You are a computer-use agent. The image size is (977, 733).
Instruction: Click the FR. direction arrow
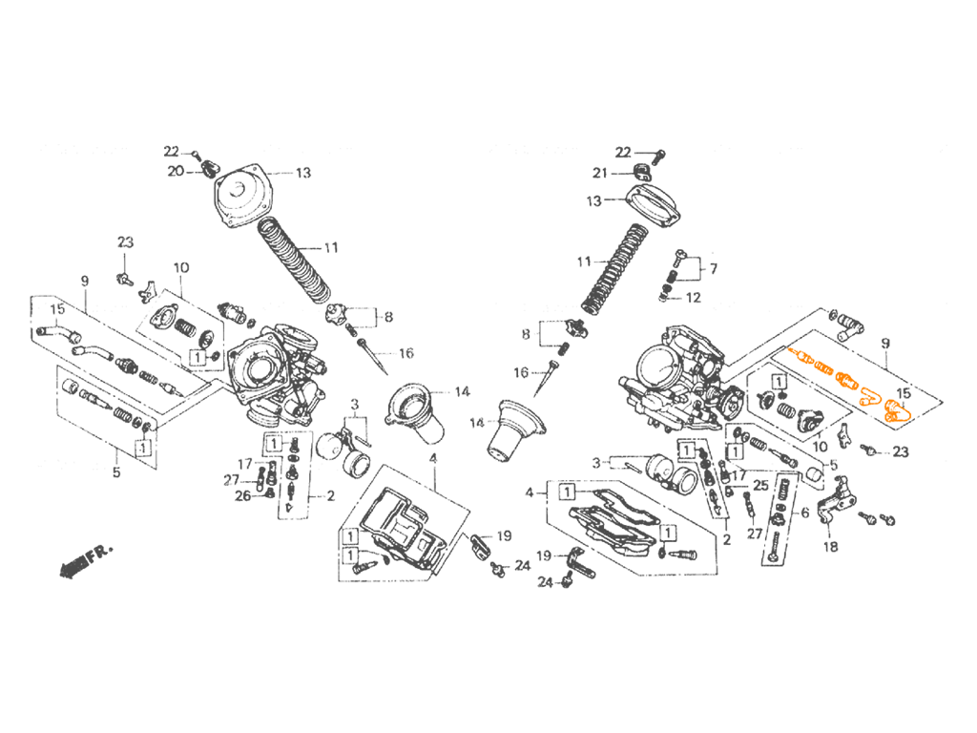point(86,560)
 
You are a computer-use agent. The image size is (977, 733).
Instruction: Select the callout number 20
point(176,171)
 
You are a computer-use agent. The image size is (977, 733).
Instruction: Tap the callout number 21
point(599,173)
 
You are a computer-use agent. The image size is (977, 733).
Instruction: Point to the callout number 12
point(694,298)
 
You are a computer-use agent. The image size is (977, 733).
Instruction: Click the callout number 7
point(714,268)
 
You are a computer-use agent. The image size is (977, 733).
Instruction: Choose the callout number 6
point(805,513)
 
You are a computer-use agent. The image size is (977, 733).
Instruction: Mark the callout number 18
point(831,547)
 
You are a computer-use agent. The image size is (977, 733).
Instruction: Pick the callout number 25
point(760,485)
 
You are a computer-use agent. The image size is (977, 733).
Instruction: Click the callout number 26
point(242,495)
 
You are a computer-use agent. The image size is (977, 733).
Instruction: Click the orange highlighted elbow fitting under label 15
point(896,410)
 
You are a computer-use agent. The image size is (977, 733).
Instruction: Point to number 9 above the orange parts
point(885,343)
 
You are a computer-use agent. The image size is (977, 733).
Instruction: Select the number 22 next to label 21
point(623,152)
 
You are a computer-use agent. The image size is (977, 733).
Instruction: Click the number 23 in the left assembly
point(125,241)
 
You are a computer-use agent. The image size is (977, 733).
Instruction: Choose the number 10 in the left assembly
point(180,267)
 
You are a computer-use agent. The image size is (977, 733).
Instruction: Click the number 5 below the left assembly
point(116,472)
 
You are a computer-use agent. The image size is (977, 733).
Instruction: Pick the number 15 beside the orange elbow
point(903,392)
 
